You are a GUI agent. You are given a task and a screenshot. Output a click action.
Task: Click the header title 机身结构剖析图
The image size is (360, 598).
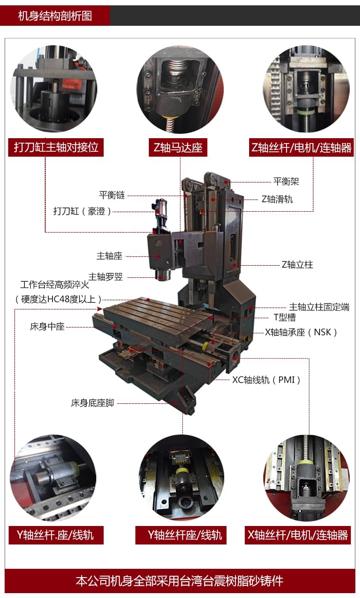[54, 16]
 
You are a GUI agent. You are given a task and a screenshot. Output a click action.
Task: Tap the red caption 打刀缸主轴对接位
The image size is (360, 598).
[56, 147]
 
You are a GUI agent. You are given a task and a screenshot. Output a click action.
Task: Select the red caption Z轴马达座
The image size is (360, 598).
[178, 147]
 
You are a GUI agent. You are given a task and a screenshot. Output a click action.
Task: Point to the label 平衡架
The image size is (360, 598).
[286, 181]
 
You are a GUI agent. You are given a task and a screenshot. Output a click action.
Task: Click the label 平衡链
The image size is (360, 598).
[112, 195]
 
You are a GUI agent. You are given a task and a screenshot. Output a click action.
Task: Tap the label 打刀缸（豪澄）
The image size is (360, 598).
[83, 211]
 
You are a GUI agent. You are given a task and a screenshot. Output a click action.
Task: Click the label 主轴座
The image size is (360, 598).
[109, 255]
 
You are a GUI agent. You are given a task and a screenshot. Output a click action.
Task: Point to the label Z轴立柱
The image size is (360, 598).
[297, 265]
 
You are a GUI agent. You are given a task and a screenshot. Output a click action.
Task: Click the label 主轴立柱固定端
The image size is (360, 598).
[319, 307]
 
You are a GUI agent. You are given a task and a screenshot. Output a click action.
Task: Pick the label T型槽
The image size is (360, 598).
[285, 318]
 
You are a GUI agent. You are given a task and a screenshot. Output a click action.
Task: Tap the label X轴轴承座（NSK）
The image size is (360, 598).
[301, 332]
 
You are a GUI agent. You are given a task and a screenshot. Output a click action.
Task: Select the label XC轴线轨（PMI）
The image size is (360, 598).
[267, 380]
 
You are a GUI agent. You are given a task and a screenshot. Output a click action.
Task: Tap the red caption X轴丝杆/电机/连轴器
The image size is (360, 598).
[298, 536]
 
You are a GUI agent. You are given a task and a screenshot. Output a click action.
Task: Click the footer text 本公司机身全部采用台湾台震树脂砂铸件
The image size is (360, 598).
[180, 581]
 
